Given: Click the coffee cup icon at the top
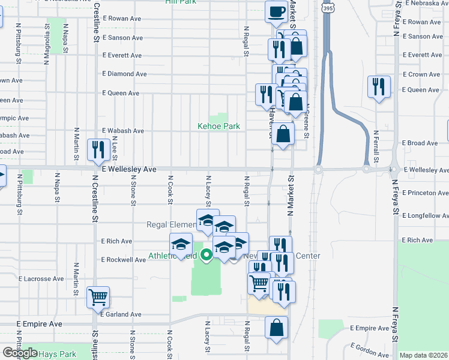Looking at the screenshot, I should point(276,11).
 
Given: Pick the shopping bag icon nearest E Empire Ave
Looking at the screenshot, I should point(276,328).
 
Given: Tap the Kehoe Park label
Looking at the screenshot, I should point(219,126).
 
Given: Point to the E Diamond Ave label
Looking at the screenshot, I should point(124,74).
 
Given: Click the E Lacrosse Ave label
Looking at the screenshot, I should point(41,279).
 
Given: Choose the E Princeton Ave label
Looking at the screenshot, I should point(426,193).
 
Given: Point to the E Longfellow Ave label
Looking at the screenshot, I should point(426,215).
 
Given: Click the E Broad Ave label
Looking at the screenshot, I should point(423,143).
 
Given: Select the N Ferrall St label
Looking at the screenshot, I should point(376,148).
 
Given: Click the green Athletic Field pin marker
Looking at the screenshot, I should point(206,256).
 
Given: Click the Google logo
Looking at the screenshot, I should point(20,353).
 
